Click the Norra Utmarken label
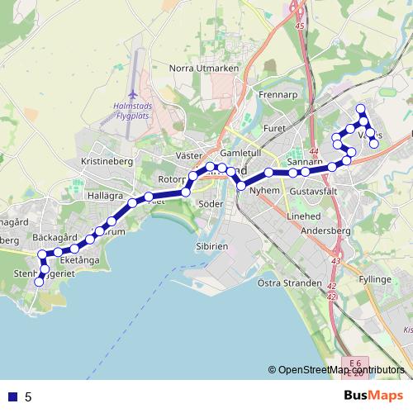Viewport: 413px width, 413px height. [202, 68]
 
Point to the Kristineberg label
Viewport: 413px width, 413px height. [107, 162]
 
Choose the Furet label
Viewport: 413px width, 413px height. [273, 128]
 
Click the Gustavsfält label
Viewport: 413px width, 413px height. [313, 192]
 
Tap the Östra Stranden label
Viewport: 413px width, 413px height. [289, 283]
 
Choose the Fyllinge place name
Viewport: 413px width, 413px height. [375, 280]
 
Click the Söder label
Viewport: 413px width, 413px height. [211, 203]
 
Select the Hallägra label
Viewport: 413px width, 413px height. [104, 196]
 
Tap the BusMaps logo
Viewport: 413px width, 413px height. [374, 396]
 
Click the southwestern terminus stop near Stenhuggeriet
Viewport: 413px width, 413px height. [38, 282]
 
